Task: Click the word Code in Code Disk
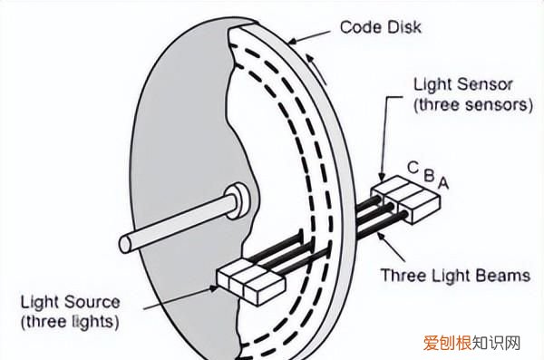pyautogui.click(x=360, y=27)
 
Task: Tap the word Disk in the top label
pyautogui.click(x=403, y=27)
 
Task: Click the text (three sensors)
pyautogui.click(x=473, y=104)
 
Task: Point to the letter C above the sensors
pyautogui.click(x=413, y=168)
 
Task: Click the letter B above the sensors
pyautogui.click(x=430, y=176)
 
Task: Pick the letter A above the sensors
pyautogui.click(x=443, y=183)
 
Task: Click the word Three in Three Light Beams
pyautogui.click(x=403, y=276)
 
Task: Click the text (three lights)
pyautogui.click(x=70, y=322)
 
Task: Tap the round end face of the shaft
pyautogui.click(x=125, y=244)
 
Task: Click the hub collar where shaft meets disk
pyautogui.click(x=238, y=201)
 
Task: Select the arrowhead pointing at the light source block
pyautogui.click(x=213, y=288)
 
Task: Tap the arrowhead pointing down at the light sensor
pyautogui.click(x=382, y=175)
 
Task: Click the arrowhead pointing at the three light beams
pyautogui.click(x=382, y=237)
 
